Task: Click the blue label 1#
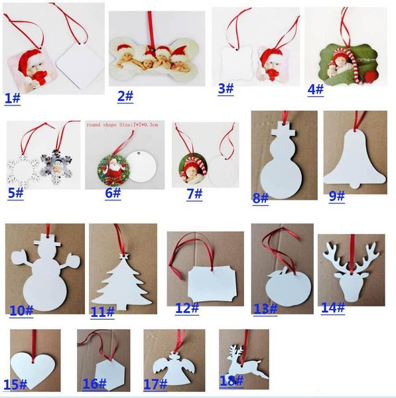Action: point(13,98)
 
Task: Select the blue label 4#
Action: point(316,90)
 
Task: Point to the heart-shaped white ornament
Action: point(33,369)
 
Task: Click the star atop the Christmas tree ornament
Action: point(124,256)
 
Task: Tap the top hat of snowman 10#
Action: point(48,240)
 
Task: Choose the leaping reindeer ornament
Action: point(244,364)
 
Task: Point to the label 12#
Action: point(187,308)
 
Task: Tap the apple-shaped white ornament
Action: point(288,289)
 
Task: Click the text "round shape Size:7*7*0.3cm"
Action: point(122,125)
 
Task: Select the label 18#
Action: point(231,381)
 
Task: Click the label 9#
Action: point(337,196)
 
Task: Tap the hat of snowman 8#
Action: point(285,129)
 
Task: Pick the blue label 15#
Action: point(15,385)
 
